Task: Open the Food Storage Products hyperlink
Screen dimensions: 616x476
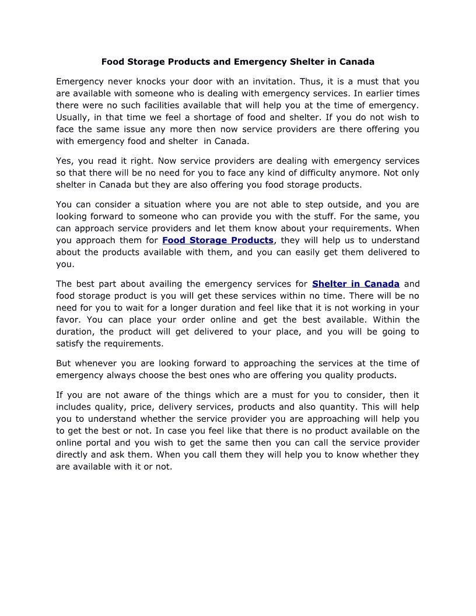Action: [218, 240]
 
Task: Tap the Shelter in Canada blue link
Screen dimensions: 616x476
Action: [356, 284]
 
